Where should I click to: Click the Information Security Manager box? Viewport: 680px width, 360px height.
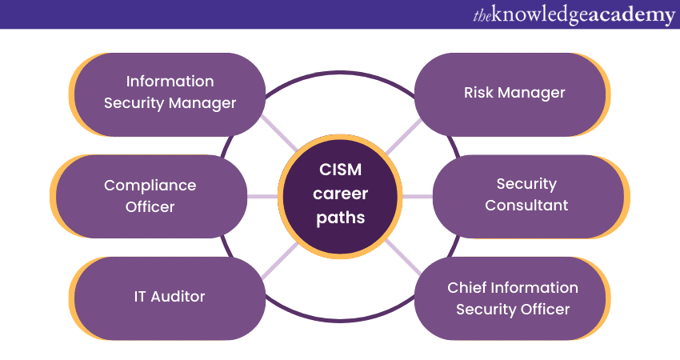point(170,93)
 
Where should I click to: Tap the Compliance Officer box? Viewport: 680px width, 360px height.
point(150,196)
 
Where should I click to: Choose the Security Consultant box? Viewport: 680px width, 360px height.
point(528,196)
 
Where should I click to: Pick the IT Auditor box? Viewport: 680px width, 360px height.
point(170,297)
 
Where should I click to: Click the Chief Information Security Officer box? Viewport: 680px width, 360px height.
point(512,298)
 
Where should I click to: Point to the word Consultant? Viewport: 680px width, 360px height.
point(526,206)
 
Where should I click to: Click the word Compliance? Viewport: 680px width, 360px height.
point(150,186)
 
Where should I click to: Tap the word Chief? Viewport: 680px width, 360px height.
point(467,288)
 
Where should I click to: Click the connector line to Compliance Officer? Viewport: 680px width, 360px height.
point(263,196)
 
